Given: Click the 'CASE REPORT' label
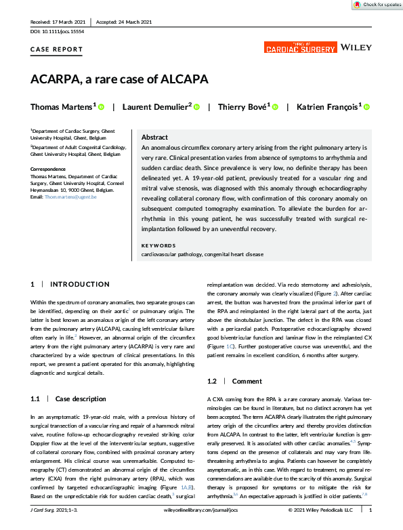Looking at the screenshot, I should coord(57,50).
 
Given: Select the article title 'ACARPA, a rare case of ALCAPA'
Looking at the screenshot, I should coord(119,79).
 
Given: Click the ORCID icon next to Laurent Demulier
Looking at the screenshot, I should coord(196,106).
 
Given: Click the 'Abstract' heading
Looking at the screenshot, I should coord(154,136).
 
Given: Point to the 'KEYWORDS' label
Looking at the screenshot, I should coord(158,245).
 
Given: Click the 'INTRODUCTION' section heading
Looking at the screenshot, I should coord(79,285).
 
